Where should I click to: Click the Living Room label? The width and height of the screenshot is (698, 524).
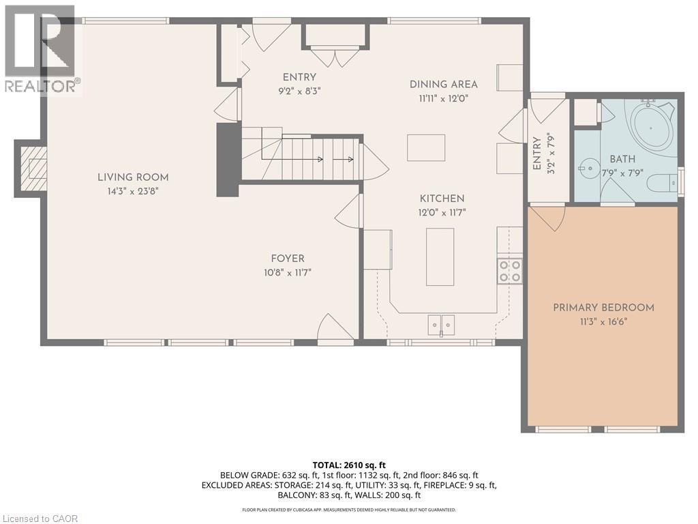point(132,177)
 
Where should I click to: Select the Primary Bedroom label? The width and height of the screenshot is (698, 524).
point(603,308)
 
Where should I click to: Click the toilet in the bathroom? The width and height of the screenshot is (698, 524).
point(662,183)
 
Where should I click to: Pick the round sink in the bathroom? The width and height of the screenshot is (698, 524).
point(588,166)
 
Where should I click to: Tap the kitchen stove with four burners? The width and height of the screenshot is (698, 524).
point(509,271)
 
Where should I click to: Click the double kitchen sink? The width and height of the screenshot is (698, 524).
point(441,324)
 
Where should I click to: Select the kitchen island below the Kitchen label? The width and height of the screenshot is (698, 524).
point(440,257)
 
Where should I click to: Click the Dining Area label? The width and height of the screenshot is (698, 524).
point(443,85)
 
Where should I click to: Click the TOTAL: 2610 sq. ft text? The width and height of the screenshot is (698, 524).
point(348,465)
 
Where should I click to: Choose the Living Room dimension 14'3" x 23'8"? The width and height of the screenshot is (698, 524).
point(132,192)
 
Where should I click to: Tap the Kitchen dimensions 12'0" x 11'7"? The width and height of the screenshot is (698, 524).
point(442,213)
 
